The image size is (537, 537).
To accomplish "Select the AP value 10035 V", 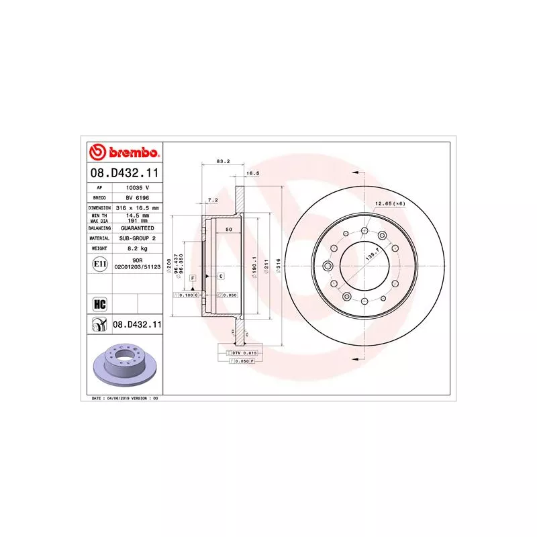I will pyautogui.click(x=136, y=188).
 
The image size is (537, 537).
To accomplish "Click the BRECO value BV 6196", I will pyautogui.click(x=136, y=198).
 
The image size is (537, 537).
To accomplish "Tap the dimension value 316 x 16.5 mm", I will pyautogui.click(x=137, y=208).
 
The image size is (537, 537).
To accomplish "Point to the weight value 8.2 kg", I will pyautogui.click(x=136, y=248).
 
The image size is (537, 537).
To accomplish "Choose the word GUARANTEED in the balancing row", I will pyautogui.click(x=137, y=228).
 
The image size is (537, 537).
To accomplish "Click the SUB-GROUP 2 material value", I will pyautogui.click(x=137, y=238).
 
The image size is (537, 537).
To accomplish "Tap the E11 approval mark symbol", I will pyautogui.click(x=99, y=263).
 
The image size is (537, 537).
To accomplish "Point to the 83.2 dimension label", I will pyautogui.click(x=224, y=162).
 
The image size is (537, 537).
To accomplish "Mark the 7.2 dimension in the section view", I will pyautogui.click(x=212, y=200).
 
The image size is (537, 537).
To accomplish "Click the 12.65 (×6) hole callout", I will pyautogui.click(x=390, y=203).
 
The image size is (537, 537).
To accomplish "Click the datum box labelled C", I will pyautogui.click(x=220, y=276).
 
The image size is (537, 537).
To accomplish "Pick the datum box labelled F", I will pyautogui.click(x=192, y=277).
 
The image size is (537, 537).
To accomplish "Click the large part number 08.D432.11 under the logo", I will pyautogui.click(x=124, y=174).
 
